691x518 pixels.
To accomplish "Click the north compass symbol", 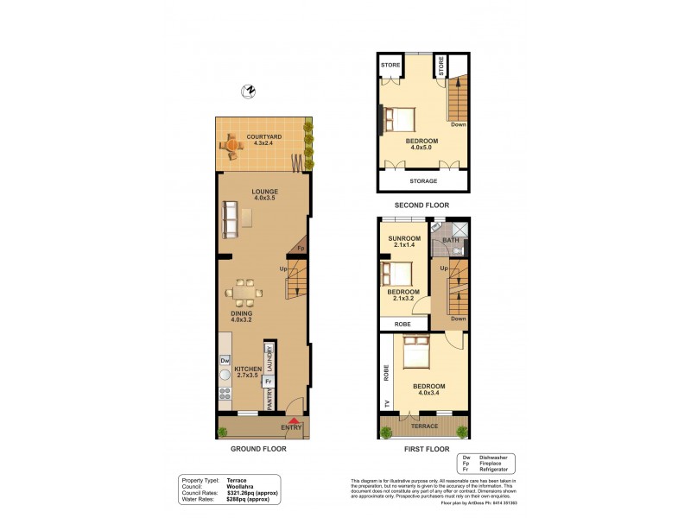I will point(250,91).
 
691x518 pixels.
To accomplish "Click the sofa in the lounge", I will point(230,219).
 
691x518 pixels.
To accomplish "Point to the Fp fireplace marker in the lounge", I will point(300,249).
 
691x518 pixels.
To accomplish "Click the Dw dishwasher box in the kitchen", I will point(225,360).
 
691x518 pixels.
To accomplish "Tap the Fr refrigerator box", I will point(269,381).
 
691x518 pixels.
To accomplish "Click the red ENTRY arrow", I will point(290,420).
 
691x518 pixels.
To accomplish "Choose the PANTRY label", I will point(269,401).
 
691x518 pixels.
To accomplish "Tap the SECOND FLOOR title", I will point(422,205).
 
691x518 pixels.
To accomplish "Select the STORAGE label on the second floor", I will point(422,181).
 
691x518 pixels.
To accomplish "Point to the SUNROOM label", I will point(403,238).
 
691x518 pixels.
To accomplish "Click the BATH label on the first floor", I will point(450,240).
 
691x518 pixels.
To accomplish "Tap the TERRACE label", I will point(423,426).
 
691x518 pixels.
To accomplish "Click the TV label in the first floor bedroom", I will point(386,404).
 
